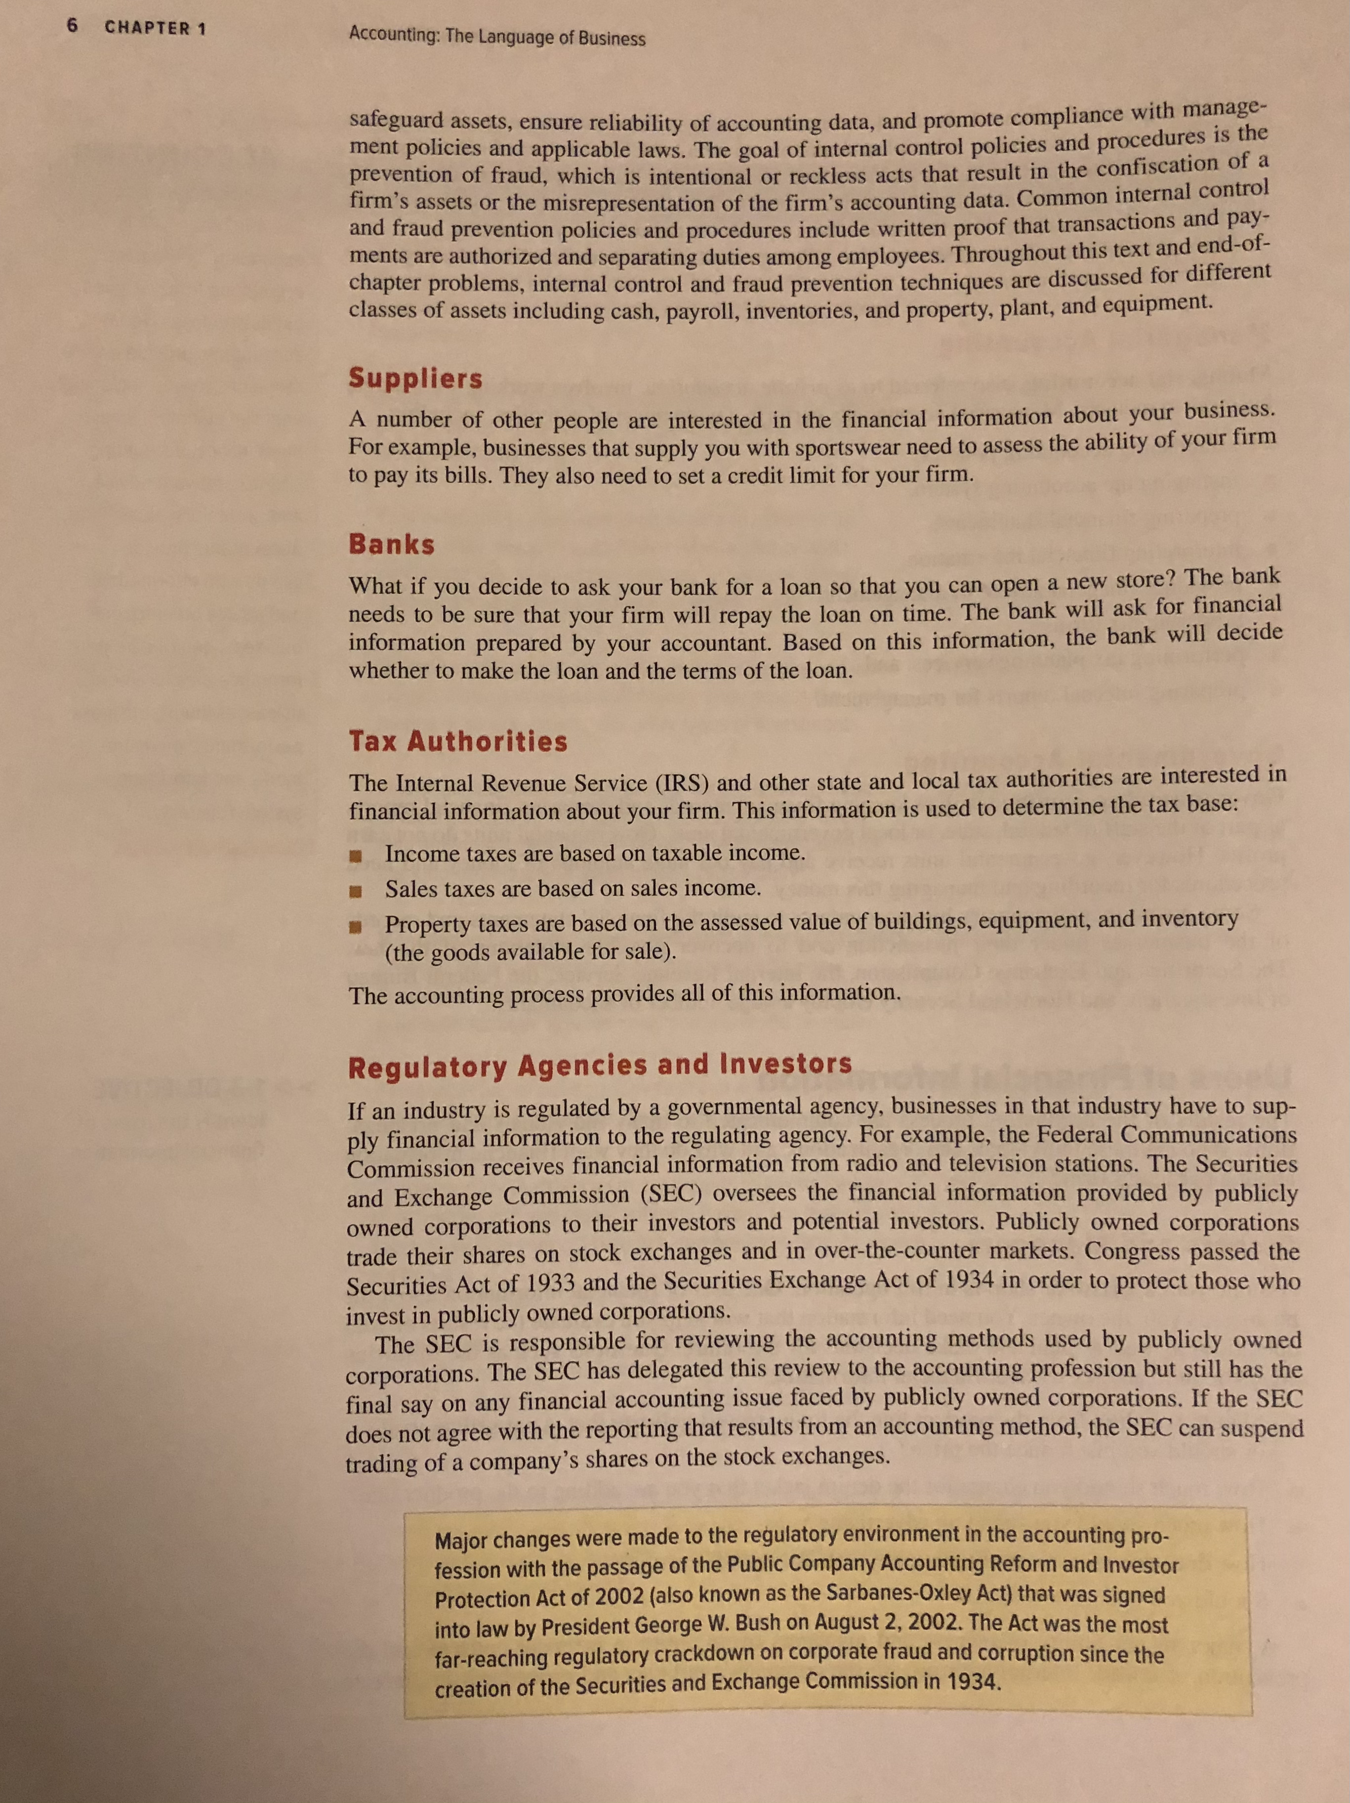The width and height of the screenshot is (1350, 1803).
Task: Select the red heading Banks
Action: coord(392,545)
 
